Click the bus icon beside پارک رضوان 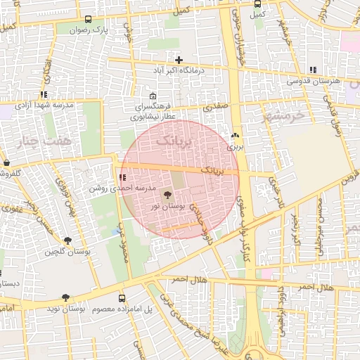point(87,20)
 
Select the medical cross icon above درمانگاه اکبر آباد point(179,60)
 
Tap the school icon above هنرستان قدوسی point(313,69)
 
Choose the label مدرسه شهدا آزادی point(45,105)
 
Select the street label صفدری point(212,108)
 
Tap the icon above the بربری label point(235,136)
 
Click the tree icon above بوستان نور point(167,195)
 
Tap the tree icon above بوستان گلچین point(67,240)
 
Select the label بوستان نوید point(66,309)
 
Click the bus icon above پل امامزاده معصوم point(122,298)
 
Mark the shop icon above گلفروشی point(6,162)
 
